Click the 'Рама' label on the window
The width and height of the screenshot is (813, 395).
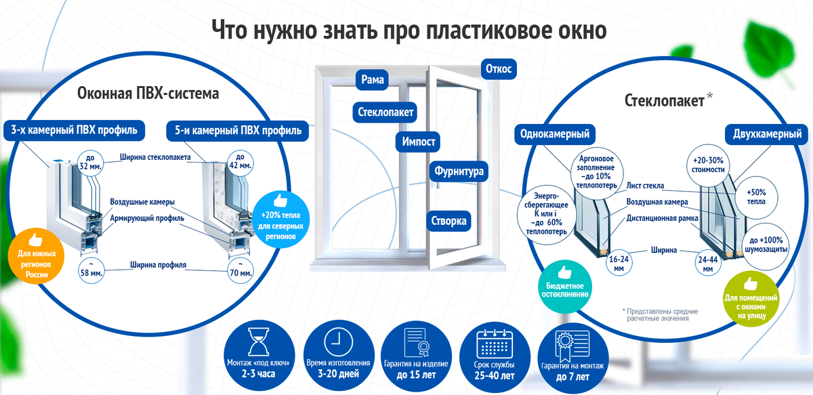[x=373, y=81]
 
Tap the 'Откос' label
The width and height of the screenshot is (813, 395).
[x=499, y=68]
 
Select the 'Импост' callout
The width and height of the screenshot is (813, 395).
[x=418, y=142]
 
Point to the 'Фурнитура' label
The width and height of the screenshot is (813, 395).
[x=459, y=171]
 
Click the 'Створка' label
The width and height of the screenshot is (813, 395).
[x=449, y=221]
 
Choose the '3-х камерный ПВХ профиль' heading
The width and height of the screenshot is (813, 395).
[x=74, y=129]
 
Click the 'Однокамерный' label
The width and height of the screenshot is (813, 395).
[x=554, y=133]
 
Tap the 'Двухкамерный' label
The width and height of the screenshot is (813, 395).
[x=767, y=133]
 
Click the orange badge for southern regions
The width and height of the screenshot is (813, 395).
[x=35, y=258]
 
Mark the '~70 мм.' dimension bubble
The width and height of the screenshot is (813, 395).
[x=241, y=269]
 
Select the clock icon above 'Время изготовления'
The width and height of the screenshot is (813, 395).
[x=337, y=341]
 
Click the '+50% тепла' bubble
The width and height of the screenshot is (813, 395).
[x=756, y=196]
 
